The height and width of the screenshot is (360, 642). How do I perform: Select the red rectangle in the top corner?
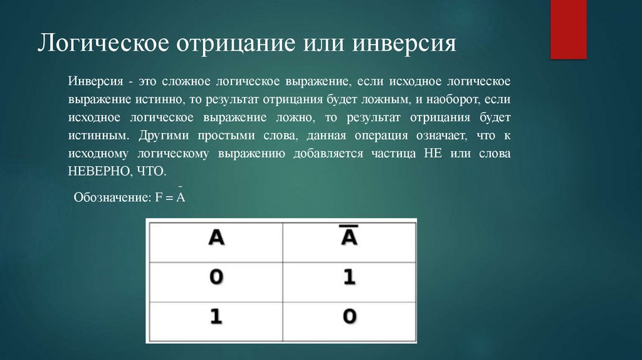568,29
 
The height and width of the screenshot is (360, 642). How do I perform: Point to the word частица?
397,153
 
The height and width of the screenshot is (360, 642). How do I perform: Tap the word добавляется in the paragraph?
328,153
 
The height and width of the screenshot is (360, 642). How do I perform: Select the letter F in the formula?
159,198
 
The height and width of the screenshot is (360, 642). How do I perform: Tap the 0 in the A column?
216,277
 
